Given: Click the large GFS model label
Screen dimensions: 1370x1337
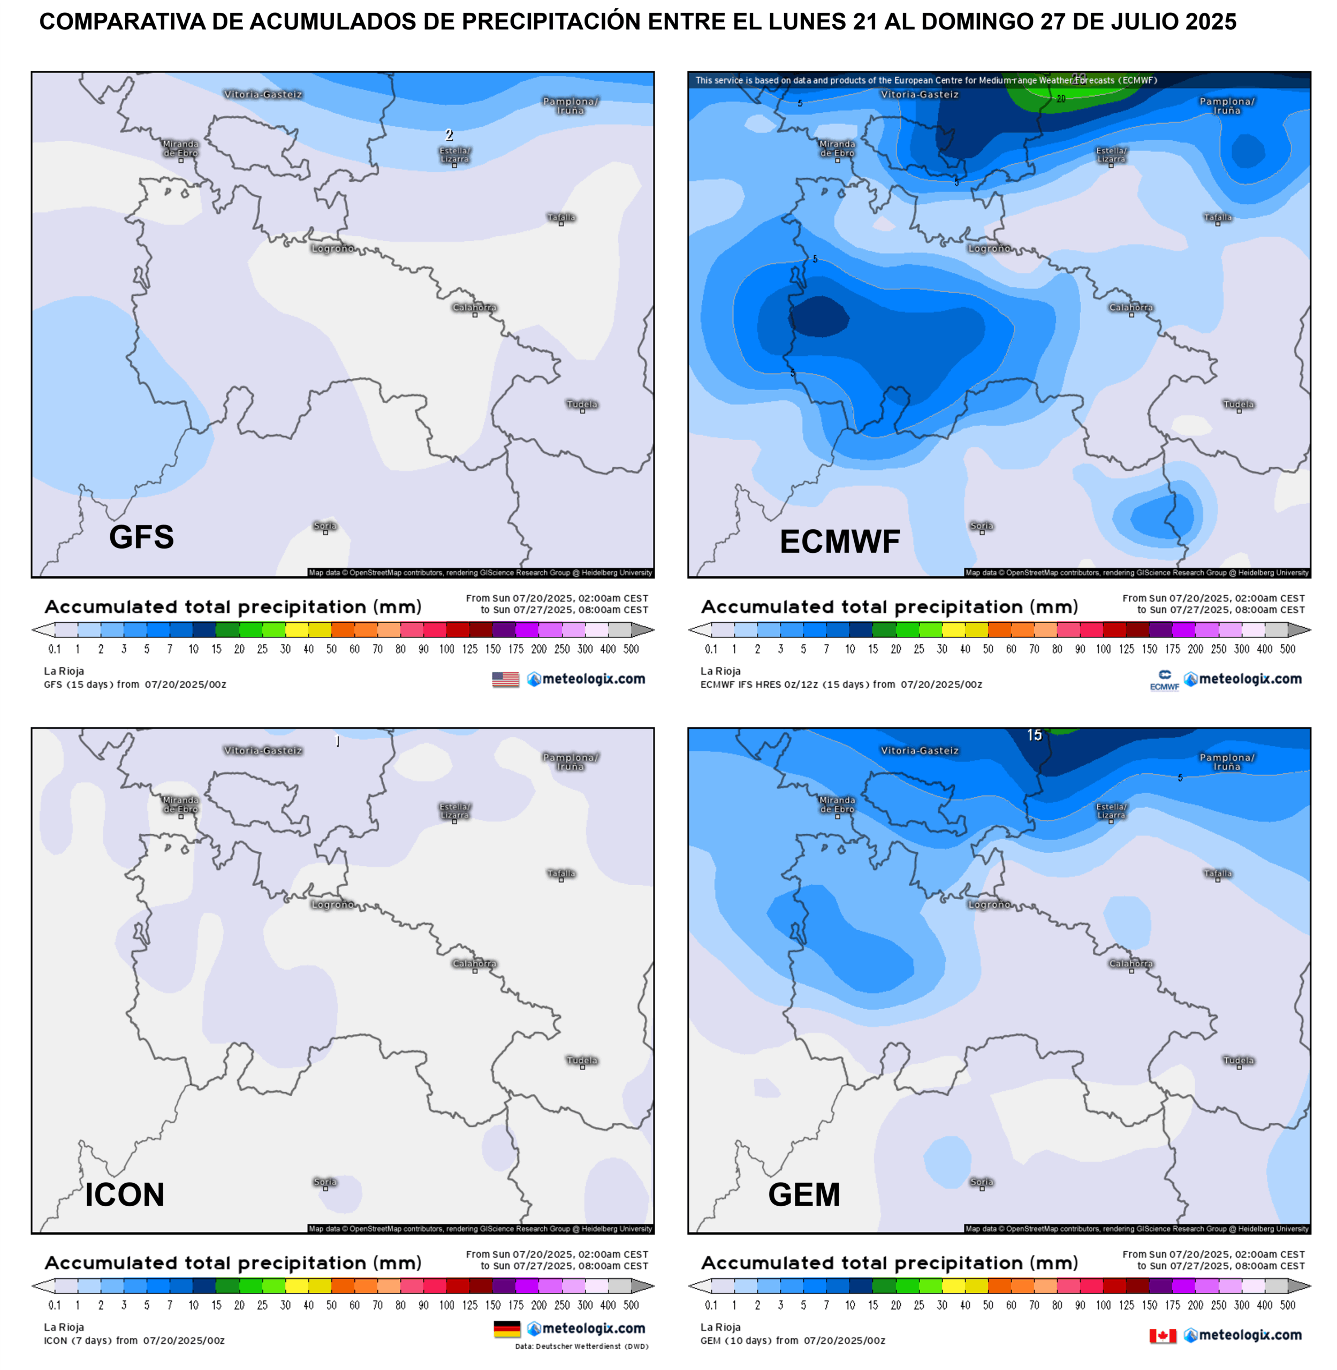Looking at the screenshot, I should click(x=141, y=537).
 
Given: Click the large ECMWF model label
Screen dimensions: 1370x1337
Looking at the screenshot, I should click(x=840, y=542).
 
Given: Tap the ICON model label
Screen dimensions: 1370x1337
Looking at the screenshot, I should click(x=125, y=1194).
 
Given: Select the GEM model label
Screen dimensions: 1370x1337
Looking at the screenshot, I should click(x=804, y=1194).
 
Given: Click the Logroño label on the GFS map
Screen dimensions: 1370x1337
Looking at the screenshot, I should click(x=333, y=249).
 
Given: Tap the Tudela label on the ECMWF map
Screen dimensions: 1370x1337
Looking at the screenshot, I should click(x=1239, y=405).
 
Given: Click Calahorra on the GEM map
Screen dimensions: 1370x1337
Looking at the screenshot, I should click(x=1130, y=963).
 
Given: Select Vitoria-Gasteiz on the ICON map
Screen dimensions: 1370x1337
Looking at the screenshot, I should click(x=263, y=751).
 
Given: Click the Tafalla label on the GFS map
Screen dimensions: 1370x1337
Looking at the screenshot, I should click(x=561, y=218).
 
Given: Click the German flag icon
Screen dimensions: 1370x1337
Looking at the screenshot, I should click(x=507, y=1329).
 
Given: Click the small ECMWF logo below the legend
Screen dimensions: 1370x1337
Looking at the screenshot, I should click(x=1164, y=680).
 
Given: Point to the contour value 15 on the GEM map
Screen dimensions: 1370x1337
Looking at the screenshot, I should click(x=1035, y=735).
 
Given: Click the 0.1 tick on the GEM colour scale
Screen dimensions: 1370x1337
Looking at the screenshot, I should click(x=711, y=1305).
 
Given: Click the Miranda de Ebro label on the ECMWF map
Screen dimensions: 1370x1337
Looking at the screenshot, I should click(x=837, y=148).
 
